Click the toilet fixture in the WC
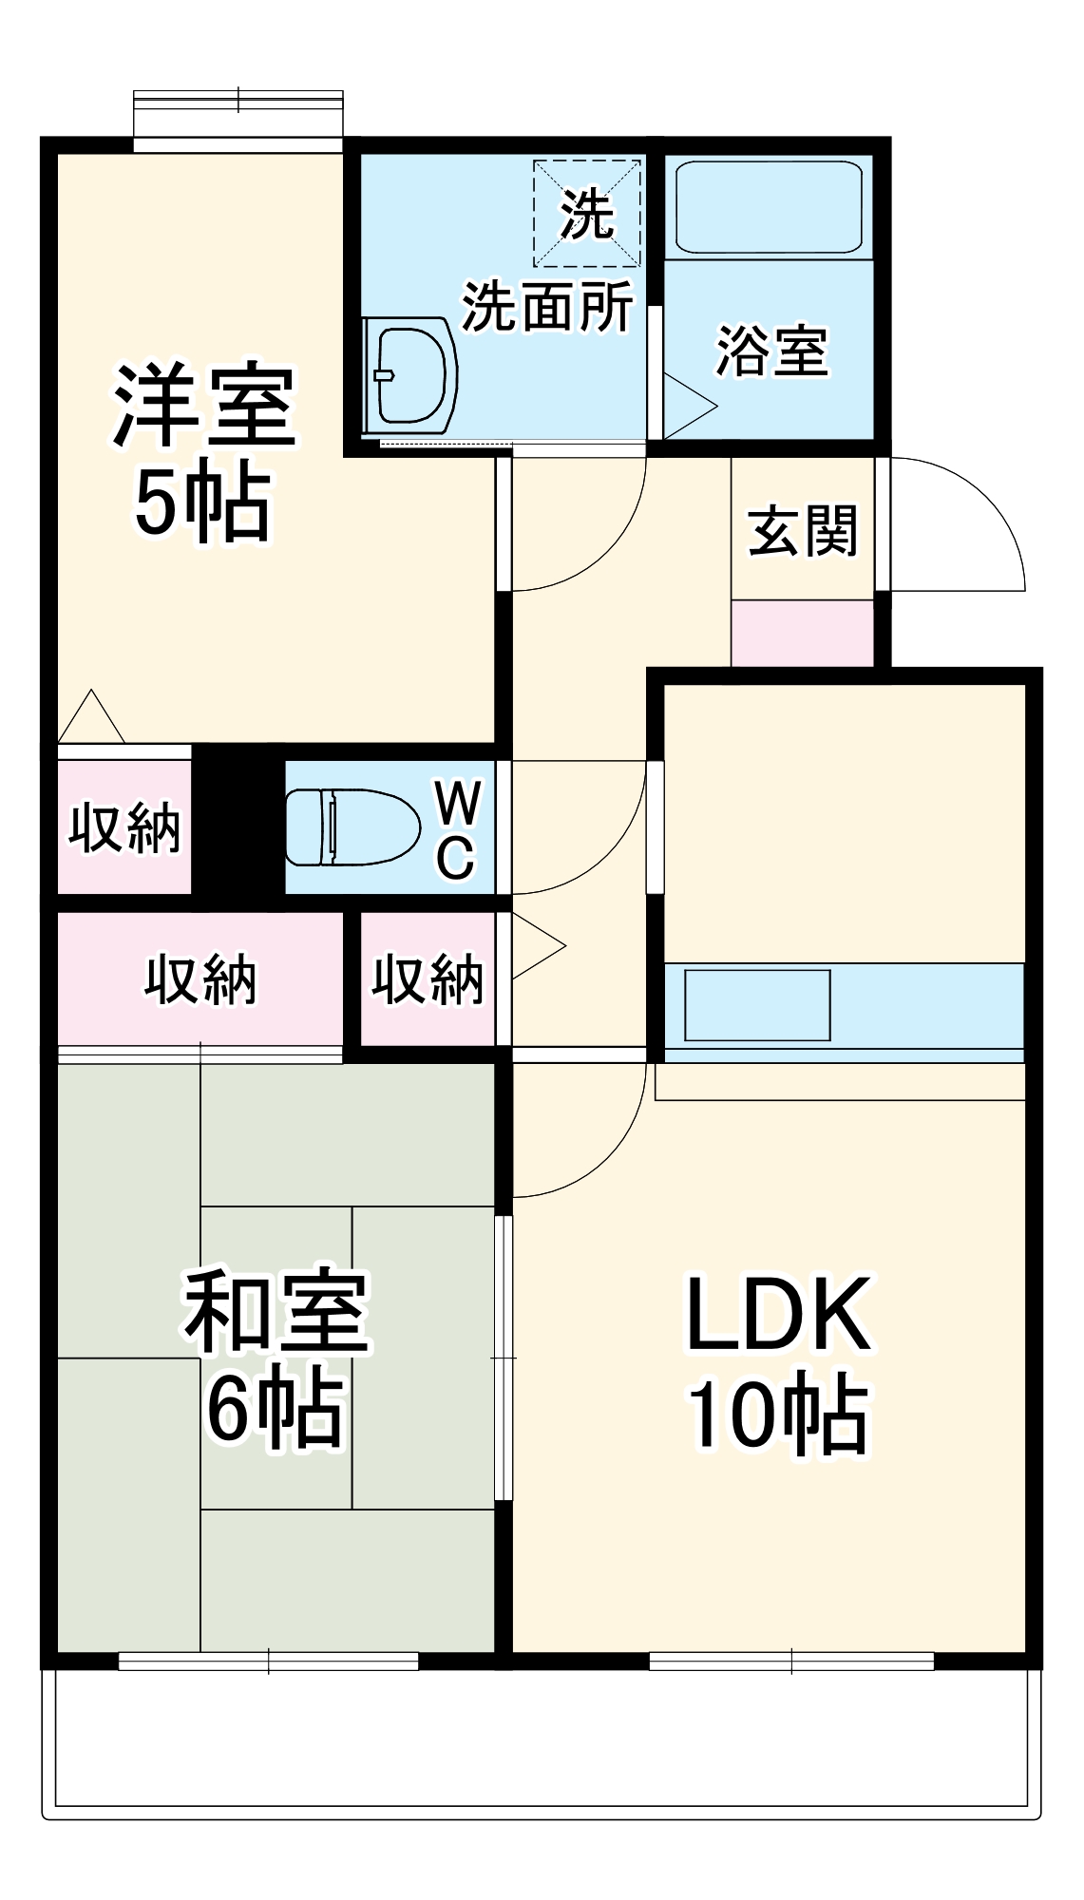[x=352, y=826]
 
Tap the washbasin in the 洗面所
[x=410, y=376]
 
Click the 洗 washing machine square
[x=586, y=214]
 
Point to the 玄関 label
[x=803, y=531]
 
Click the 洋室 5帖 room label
[x=203, y=451]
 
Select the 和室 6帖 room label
[x=276, y=1359]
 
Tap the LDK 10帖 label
[x=777, y=1363]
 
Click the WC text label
[x=457, y=829]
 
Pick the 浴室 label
[x=770, y=351]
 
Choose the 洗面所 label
[x=547, y=306]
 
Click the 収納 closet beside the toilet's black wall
[x=124, y=827]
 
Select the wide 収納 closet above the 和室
[x=200, y=978]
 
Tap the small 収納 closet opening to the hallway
[x=428, y=979]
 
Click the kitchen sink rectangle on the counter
[x=757, y=1005]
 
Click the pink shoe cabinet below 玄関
[x=802, y=633]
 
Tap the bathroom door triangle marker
[x=686, y=407]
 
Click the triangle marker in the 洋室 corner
[x=90, y=718]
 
